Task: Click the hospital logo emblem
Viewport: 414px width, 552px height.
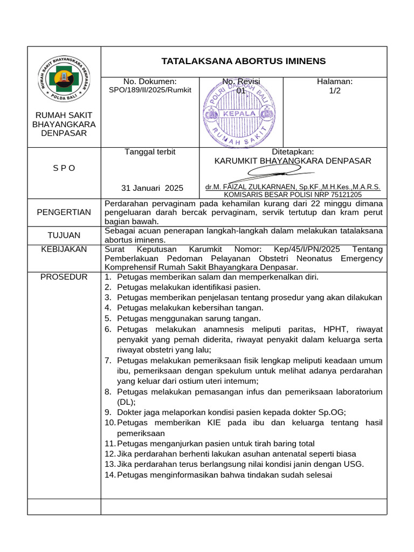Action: [64, 79]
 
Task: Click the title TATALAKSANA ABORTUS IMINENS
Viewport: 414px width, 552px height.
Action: [244, 61]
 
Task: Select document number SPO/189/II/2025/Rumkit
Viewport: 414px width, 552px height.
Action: [150, 90]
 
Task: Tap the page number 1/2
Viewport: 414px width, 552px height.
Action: [335, 91]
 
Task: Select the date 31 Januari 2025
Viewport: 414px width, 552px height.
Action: [152, 188]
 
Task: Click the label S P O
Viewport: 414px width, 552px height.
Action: [64, 168]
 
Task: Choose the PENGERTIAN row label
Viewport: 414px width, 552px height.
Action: [64, 212]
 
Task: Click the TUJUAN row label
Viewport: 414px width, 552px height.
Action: [64, 235]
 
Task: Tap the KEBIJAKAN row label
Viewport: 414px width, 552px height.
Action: [64, 249]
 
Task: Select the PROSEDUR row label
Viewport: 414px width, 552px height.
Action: [64, 277]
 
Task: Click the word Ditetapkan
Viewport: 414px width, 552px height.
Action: [293, 152]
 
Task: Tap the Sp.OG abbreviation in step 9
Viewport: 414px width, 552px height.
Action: [332, 412]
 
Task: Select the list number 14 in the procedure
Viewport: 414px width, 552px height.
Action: [109, 475]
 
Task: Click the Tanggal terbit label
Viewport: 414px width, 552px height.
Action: [150, 152]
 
